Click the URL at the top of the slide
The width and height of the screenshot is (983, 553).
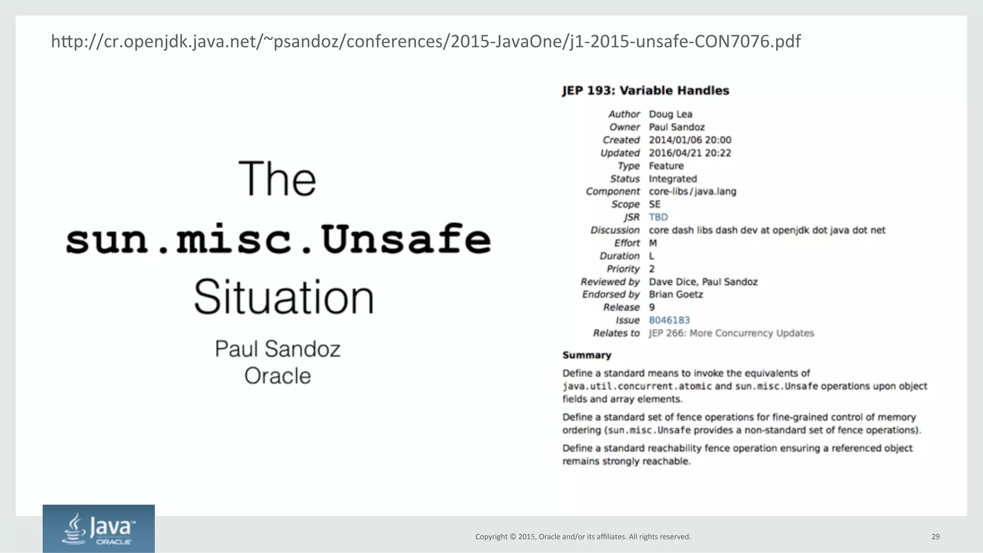point(425,42)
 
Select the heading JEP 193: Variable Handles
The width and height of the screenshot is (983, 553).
point(646,91)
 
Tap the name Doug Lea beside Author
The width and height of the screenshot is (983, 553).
point(670,114)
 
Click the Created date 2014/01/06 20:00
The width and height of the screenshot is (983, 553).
point(690,140)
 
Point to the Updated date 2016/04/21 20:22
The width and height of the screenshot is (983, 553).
point(690,153)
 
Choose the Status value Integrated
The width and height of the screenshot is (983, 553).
point(672,179)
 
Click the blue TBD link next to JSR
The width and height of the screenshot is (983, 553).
point(658,217)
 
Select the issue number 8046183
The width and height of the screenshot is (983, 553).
point(669,320)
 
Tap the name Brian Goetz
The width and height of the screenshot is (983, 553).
point(676,294)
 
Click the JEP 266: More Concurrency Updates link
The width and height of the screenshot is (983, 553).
point(731,333)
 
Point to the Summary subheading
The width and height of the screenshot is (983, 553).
point(587,355)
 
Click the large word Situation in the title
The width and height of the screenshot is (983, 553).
point(284,297)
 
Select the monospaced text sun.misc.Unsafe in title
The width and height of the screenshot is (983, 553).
point(278,239)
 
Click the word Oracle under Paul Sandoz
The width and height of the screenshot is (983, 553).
point(277,376)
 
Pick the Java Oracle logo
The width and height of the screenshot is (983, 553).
point(98,529)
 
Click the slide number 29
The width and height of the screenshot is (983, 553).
point(935,537)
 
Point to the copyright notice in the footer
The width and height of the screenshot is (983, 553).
point(583,537)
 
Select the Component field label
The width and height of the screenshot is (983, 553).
point(612,192)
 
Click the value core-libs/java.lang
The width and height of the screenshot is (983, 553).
point(692,192)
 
